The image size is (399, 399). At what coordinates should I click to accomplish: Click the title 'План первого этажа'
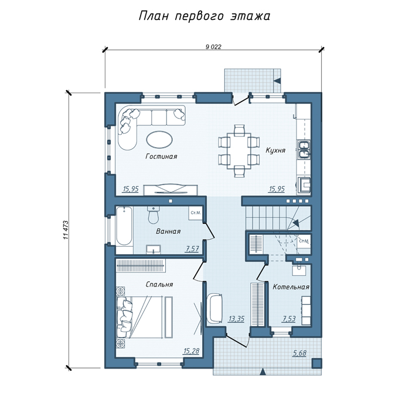204,16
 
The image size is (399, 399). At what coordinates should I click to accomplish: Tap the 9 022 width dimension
213,47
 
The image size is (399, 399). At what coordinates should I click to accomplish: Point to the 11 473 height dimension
66,230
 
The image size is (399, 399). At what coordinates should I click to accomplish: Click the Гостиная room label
161,156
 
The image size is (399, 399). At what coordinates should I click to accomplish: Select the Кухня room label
275,150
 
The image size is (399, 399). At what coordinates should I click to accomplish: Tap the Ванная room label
168,231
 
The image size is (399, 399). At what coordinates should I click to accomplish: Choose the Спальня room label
159,284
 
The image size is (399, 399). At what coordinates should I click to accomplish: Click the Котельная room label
291,287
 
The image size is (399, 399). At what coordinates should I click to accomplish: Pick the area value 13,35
236,319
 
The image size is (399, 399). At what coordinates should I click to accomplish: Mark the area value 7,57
192,248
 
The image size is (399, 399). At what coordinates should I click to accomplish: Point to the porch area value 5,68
299,353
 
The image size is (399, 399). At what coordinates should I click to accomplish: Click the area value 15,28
192,351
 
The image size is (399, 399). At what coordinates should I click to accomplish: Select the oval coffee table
159,139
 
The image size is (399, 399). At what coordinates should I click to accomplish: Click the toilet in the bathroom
154,215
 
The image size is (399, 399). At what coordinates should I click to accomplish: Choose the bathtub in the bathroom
124,226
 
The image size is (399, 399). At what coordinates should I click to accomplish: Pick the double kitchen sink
304,149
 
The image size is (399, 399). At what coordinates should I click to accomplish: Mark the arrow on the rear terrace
277,81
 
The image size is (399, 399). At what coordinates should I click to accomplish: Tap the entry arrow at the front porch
263,371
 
